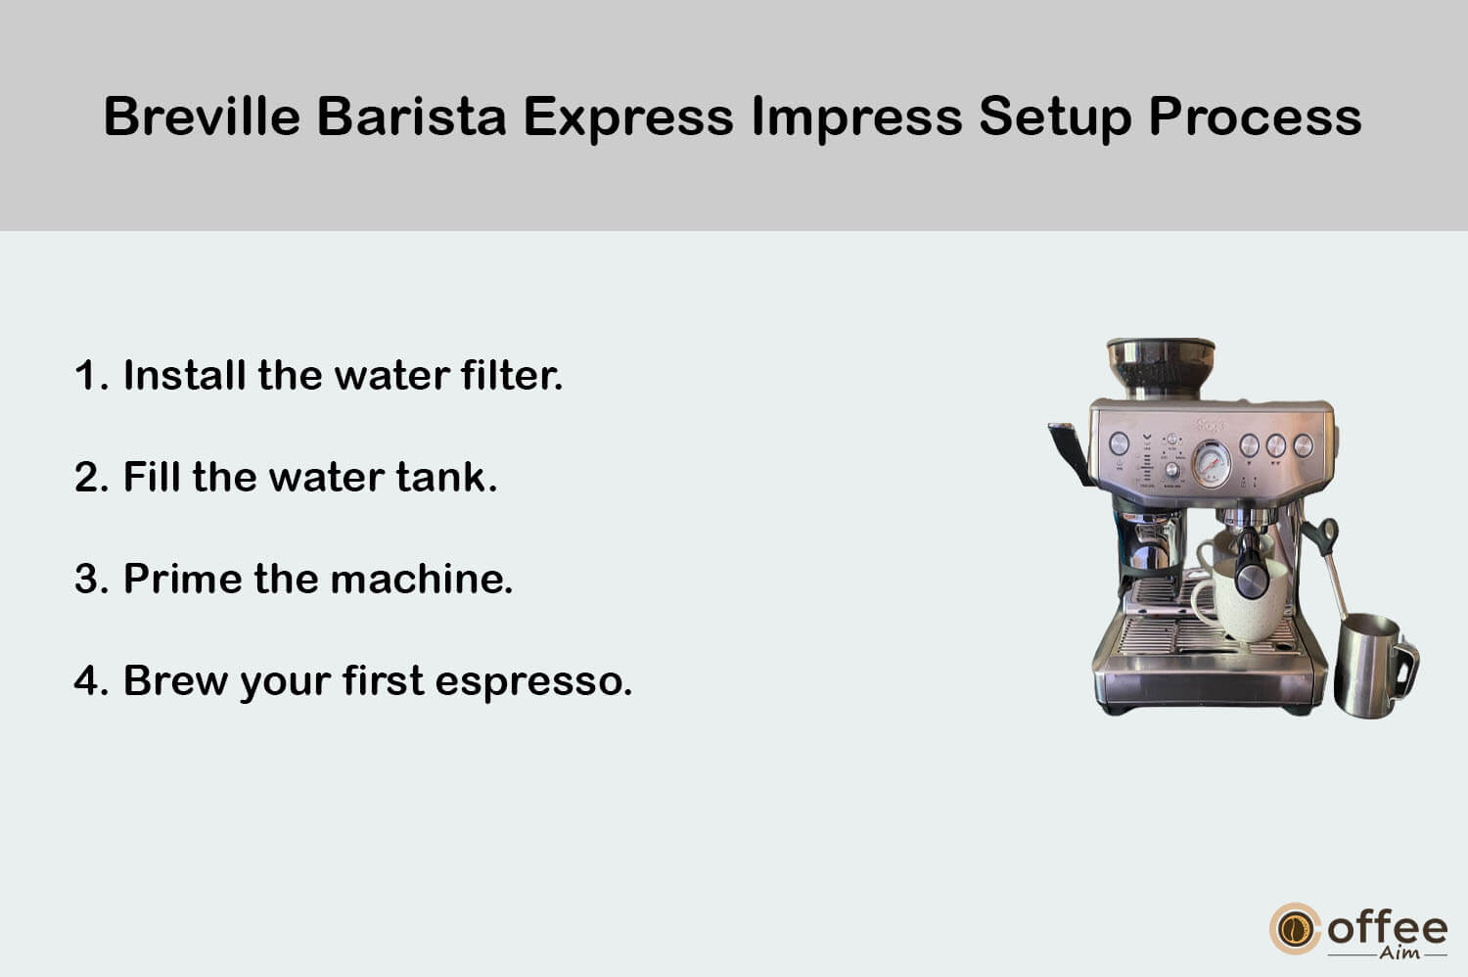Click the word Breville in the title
click(x=202, y=116)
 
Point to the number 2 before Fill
click(x=88, y=477)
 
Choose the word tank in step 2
click(x=446, y=477)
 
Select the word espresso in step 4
click(x=533, y=682)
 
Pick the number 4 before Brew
click(x=88, y=680)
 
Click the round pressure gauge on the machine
click(x=1212, y=464)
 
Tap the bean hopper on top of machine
click(x=1161, y=368)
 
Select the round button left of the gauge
click(x=1119, y=443)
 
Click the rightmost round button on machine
click(x=1303, y=445)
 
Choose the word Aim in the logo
click(x=1399, y=954)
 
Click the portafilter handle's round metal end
click(x=1251, y=581)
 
